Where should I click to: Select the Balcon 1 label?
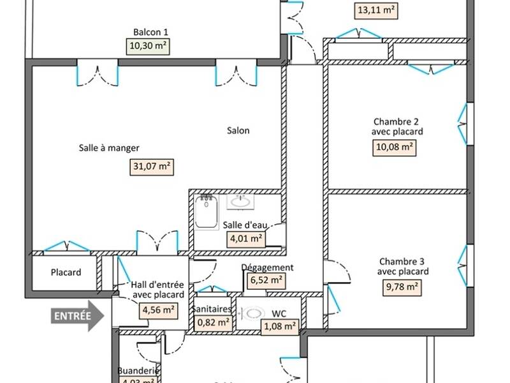pos(151,33)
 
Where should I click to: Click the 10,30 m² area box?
pos(151,45)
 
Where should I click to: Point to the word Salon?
pos(238,131)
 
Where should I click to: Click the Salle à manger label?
pos(109,148)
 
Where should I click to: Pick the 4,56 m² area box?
pos(159,311)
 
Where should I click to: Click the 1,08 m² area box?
pos(280,327)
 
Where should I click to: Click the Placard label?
pos(66,273)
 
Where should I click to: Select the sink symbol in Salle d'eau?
pos(240,201)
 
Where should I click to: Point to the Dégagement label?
pos(267,267)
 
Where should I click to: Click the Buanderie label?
pos(138,371)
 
